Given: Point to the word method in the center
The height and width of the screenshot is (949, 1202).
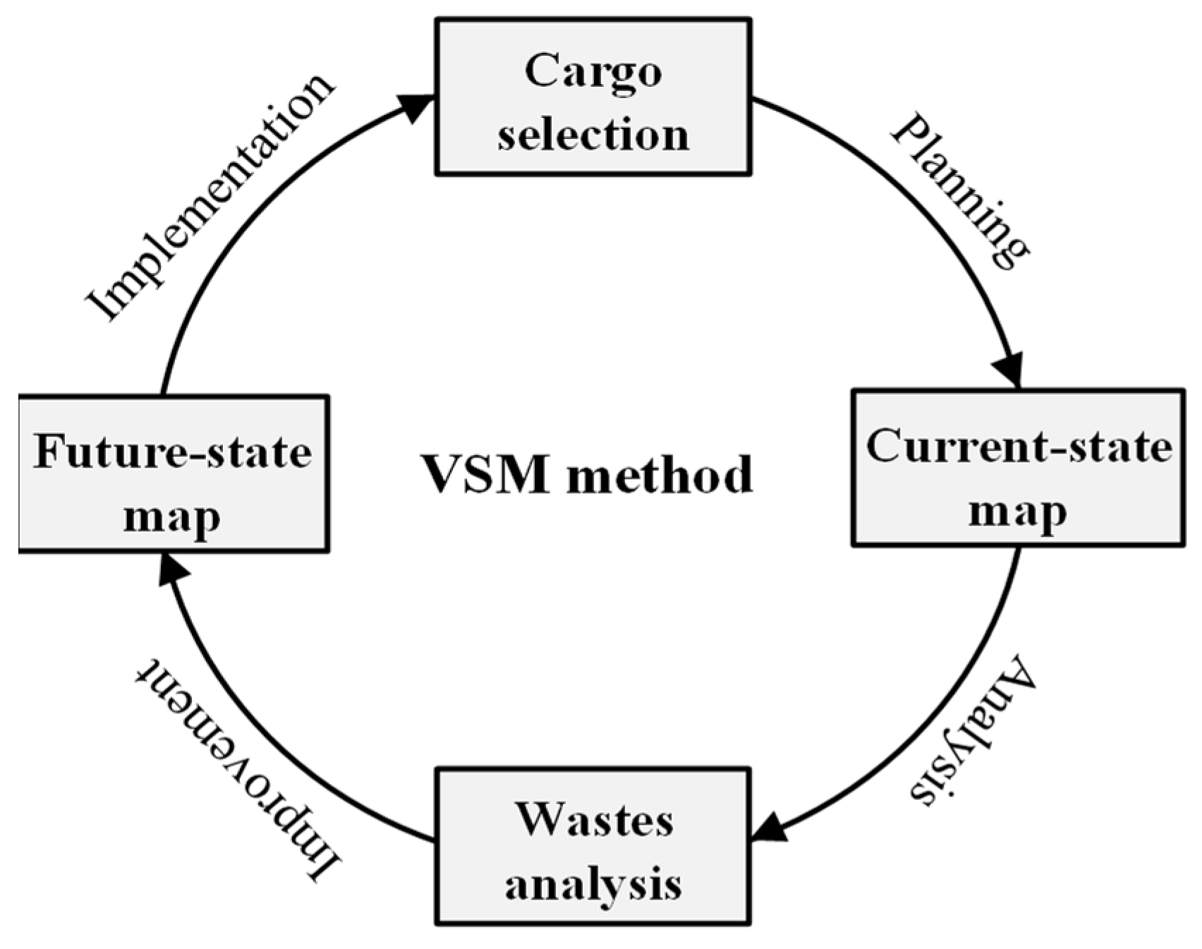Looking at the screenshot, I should click(660, 474).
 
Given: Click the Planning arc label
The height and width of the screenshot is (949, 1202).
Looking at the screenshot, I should click(959, 191).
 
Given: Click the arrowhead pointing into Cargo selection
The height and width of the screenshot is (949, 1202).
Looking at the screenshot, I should click(418, 106).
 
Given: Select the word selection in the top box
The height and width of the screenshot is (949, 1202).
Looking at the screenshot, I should click(593, 134).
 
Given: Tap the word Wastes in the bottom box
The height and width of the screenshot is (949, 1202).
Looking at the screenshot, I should click(593, 820).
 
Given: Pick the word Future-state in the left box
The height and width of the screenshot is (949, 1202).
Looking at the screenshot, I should click(173, 452).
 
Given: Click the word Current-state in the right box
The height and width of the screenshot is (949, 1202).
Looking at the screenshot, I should click(1018, 446).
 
